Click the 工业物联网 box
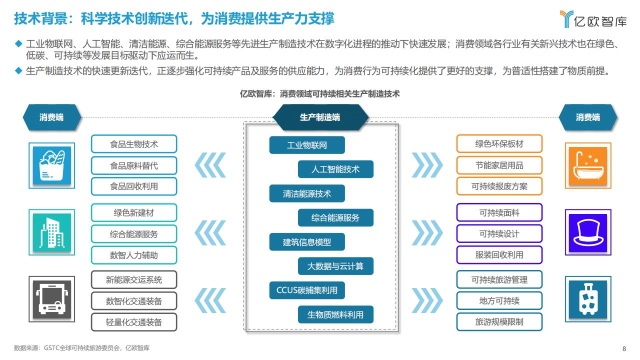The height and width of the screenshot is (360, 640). pyautogui.click(x=307, y=145)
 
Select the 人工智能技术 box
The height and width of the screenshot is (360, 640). pyautogui.click(x=335, y=169)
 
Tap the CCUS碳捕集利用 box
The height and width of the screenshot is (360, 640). pyautogui.click(x=307, y=290)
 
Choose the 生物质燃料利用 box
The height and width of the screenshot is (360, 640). pyautogui.click(x=335, y=314)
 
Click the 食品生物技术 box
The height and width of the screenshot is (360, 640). pyautogui.click(x=134, y=144)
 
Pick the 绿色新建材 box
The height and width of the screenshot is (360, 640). pyautogui.click(x=134, y=212)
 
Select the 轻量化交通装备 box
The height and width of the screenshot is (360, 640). pyautogui.click(x=134, y=322)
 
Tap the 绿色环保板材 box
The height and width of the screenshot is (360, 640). pyautogui.click(x=499, y=143)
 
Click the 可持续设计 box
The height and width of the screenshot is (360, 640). pyautogui.click(x=499, y=233)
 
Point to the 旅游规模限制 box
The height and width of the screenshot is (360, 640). pyautogui.click(x=499, y=321)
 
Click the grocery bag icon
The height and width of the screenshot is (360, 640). pyautogui.click(x=51, y=165)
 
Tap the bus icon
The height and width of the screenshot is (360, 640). pyautogui.click(x=51, y=299)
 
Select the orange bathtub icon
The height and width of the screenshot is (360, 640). pyautogui.click(x=588, y=165)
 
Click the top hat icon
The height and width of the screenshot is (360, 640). pyautogui.click(x=588, y=232)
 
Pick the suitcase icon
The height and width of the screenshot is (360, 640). pyautogui.click(x=588, y=299)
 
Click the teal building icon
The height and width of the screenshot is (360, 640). pyautogui.click(x=51, y=232)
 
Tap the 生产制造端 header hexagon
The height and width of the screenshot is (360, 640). pyautogui.click(x=320, y=117)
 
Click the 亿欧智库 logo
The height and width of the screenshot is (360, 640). pyautogui.click(x=593, y=19)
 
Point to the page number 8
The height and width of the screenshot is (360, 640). pyautogui.click(x=624, y=348)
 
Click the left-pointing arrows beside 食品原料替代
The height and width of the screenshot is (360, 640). pyautogui.click(x=210, y=165)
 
